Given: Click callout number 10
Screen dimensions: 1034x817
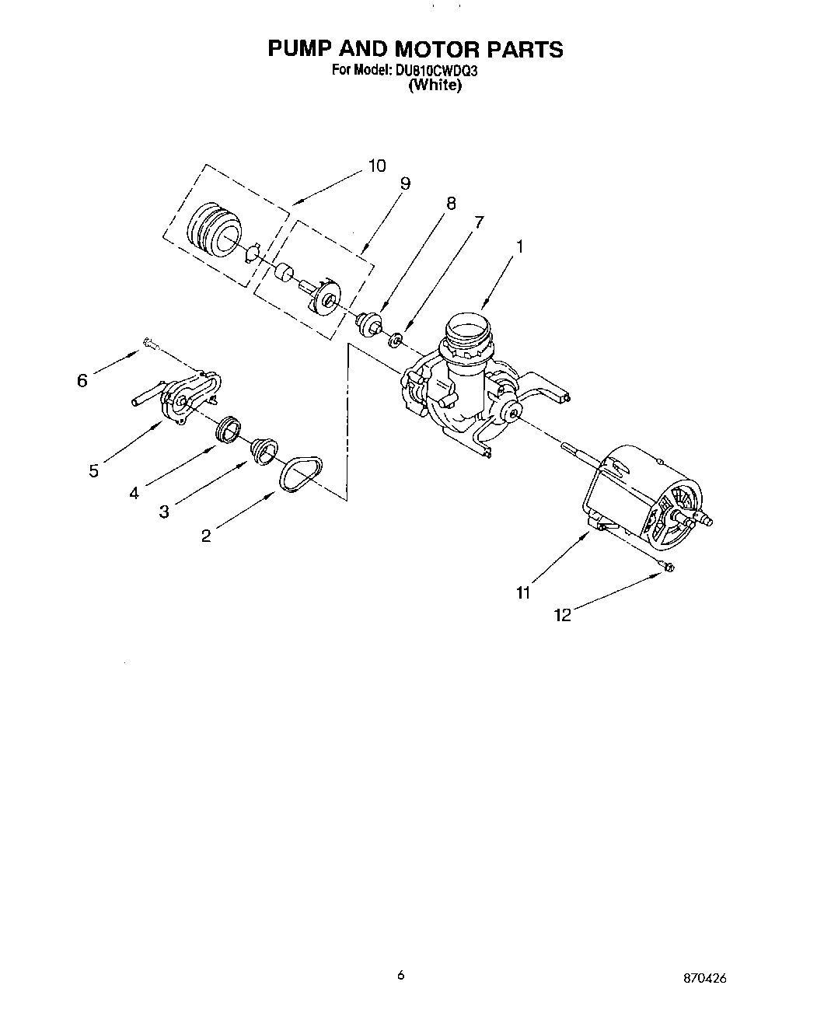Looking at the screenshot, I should point(376,166).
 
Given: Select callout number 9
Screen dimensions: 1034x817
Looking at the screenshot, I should point(405,183).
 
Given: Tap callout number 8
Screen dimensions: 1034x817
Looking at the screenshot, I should point(450,204).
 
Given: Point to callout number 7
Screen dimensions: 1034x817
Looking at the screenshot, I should point(478,222).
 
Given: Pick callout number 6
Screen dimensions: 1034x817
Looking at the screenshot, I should point(82,380).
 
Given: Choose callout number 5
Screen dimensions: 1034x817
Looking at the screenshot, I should point(93,470).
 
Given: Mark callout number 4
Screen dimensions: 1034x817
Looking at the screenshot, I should point(134,492).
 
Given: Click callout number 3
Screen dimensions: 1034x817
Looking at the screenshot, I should point(164,512).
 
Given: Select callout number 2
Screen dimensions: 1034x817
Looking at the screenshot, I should point(206,536).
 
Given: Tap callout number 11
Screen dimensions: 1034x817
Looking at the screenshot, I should point(522,593).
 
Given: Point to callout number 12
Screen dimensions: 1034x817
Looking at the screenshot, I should point(563,615).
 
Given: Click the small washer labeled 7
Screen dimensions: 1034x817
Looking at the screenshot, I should point(396,338).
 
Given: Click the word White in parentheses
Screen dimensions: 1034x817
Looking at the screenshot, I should point(435,86).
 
